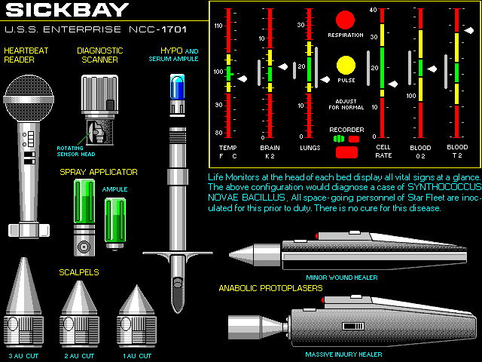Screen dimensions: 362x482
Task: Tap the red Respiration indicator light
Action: tap(346, 20)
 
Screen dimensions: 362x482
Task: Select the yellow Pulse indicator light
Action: tap(346, 66)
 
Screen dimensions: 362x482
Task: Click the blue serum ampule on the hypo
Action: tap(178, 88)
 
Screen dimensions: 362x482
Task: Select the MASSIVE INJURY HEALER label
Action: tap(343, 354)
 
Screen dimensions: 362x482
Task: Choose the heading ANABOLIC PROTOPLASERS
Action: tap(270, 288)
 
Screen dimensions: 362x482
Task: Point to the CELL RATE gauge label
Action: tap(383, 152)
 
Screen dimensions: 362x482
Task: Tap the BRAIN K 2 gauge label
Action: tap(269, 152)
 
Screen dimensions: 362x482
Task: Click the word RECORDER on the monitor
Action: tap(346, 130)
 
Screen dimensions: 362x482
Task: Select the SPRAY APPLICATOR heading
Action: tap(98, 172)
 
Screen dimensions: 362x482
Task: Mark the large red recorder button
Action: tap(346, 152)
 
